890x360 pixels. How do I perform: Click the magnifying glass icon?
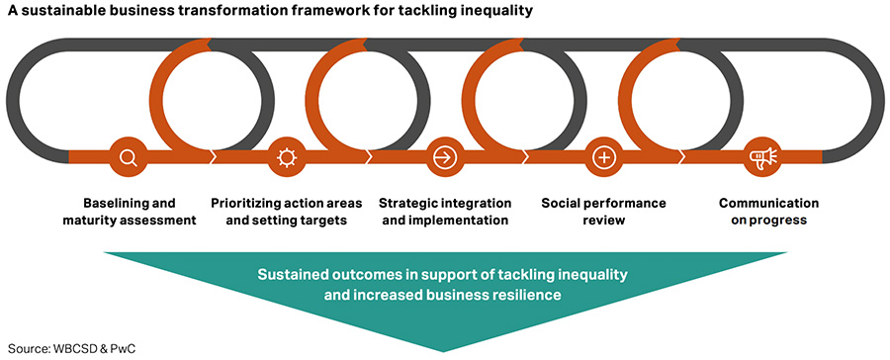pyautogui.click(x=129, y=156)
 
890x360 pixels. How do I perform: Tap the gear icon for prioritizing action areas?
pyautogui.click(x=287, y=156)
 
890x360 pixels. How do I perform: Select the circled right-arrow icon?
pyautogui.click(x=445, y=156)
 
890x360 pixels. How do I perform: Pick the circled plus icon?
pyautogui.click(x=603, y=156)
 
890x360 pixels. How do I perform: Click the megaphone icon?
pyautogui.click(x=761, y=156)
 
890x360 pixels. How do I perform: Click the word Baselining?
pyautogui.click(x=109, y=203)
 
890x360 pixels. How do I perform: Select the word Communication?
pyautogui.click(x=768, y=203)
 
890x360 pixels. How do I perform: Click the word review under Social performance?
pyautogui.click(x=603, y=220)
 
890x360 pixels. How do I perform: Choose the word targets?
pyautogui.click(x=321, y=220)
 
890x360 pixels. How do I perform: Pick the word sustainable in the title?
pyautogui.click(x=61, y=11)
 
